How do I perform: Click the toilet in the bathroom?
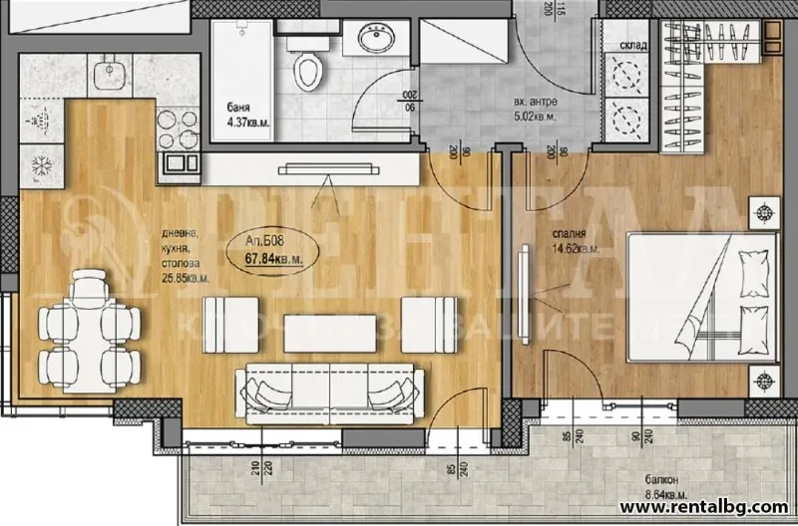pos(309,70)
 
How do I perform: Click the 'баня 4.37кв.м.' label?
pos(237,116)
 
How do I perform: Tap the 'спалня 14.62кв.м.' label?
pos(577,243)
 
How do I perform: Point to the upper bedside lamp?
pos(766,212)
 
